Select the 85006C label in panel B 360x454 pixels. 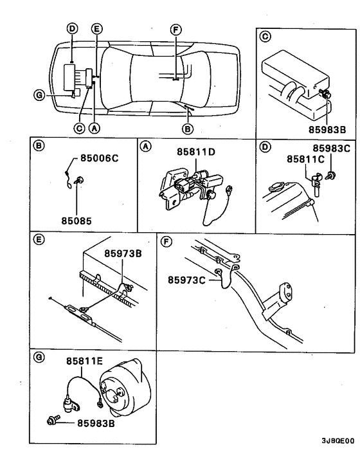pos(100,158)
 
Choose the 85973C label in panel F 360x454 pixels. pos(188,279)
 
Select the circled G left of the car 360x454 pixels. pos(39,96)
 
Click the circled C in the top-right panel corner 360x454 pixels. pos(264,36)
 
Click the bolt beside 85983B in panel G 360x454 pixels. pos(53,421)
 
